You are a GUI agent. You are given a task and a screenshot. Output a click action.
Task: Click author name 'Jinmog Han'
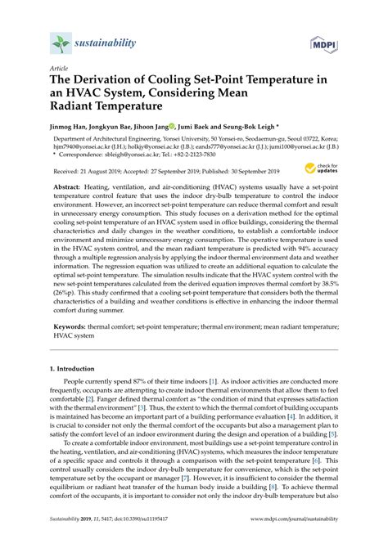[71, 128]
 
